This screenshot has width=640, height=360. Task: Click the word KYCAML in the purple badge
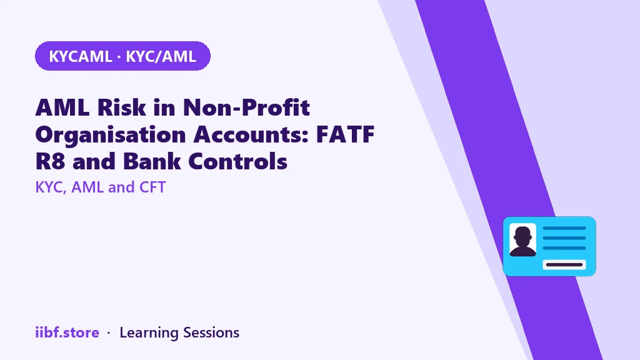click(x=81, y=56)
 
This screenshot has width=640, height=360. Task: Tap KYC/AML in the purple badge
click(x=161, y=56)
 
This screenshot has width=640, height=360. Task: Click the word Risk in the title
click(x=122, y=107)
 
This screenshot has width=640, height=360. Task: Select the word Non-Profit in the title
click(x=246, y=107)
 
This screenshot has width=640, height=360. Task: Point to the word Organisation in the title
click(x=111, y=135)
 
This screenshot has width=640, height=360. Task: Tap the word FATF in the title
click(x=345, y=134)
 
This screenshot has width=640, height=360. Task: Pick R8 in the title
click(x=50, y=161)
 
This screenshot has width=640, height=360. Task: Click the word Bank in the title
click(x=152, y=161)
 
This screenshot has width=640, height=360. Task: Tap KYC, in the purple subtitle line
click(x=51, y=187)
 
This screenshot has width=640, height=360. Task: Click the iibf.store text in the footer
click(x=67, y=332)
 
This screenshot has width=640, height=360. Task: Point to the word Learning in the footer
click(x=149, y=333)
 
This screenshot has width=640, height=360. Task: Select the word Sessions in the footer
click(x=211, y=332)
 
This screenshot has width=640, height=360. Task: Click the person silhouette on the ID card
click(x=523, y=241)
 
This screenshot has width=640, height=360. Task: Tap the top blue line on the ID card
click(x=564, y=228)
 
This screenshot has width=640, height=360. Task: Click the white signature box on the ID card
click(x=564, y=264)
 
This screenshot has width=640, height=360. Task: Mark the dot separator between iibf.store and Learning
click(x=109, y=333)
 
